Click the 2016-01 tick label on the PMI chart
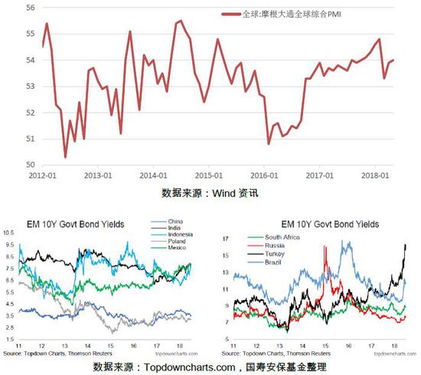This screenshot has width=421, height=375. point(264,174)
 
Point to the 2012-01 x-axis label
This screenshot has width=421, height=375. point(42,174)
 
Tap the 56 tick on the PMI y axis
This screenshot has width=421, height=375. point(31,7)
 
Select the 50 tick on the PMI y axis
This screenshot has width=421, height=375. point(31,165)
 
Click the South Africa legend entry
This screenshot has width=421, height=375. point(282,238)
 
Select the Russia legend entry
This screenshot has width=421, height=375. point(273,246)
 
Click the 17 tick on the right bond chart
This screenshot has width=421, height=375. point(227,239)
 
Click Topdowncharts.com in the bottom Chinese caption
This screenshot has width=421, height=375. point(188,367)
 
